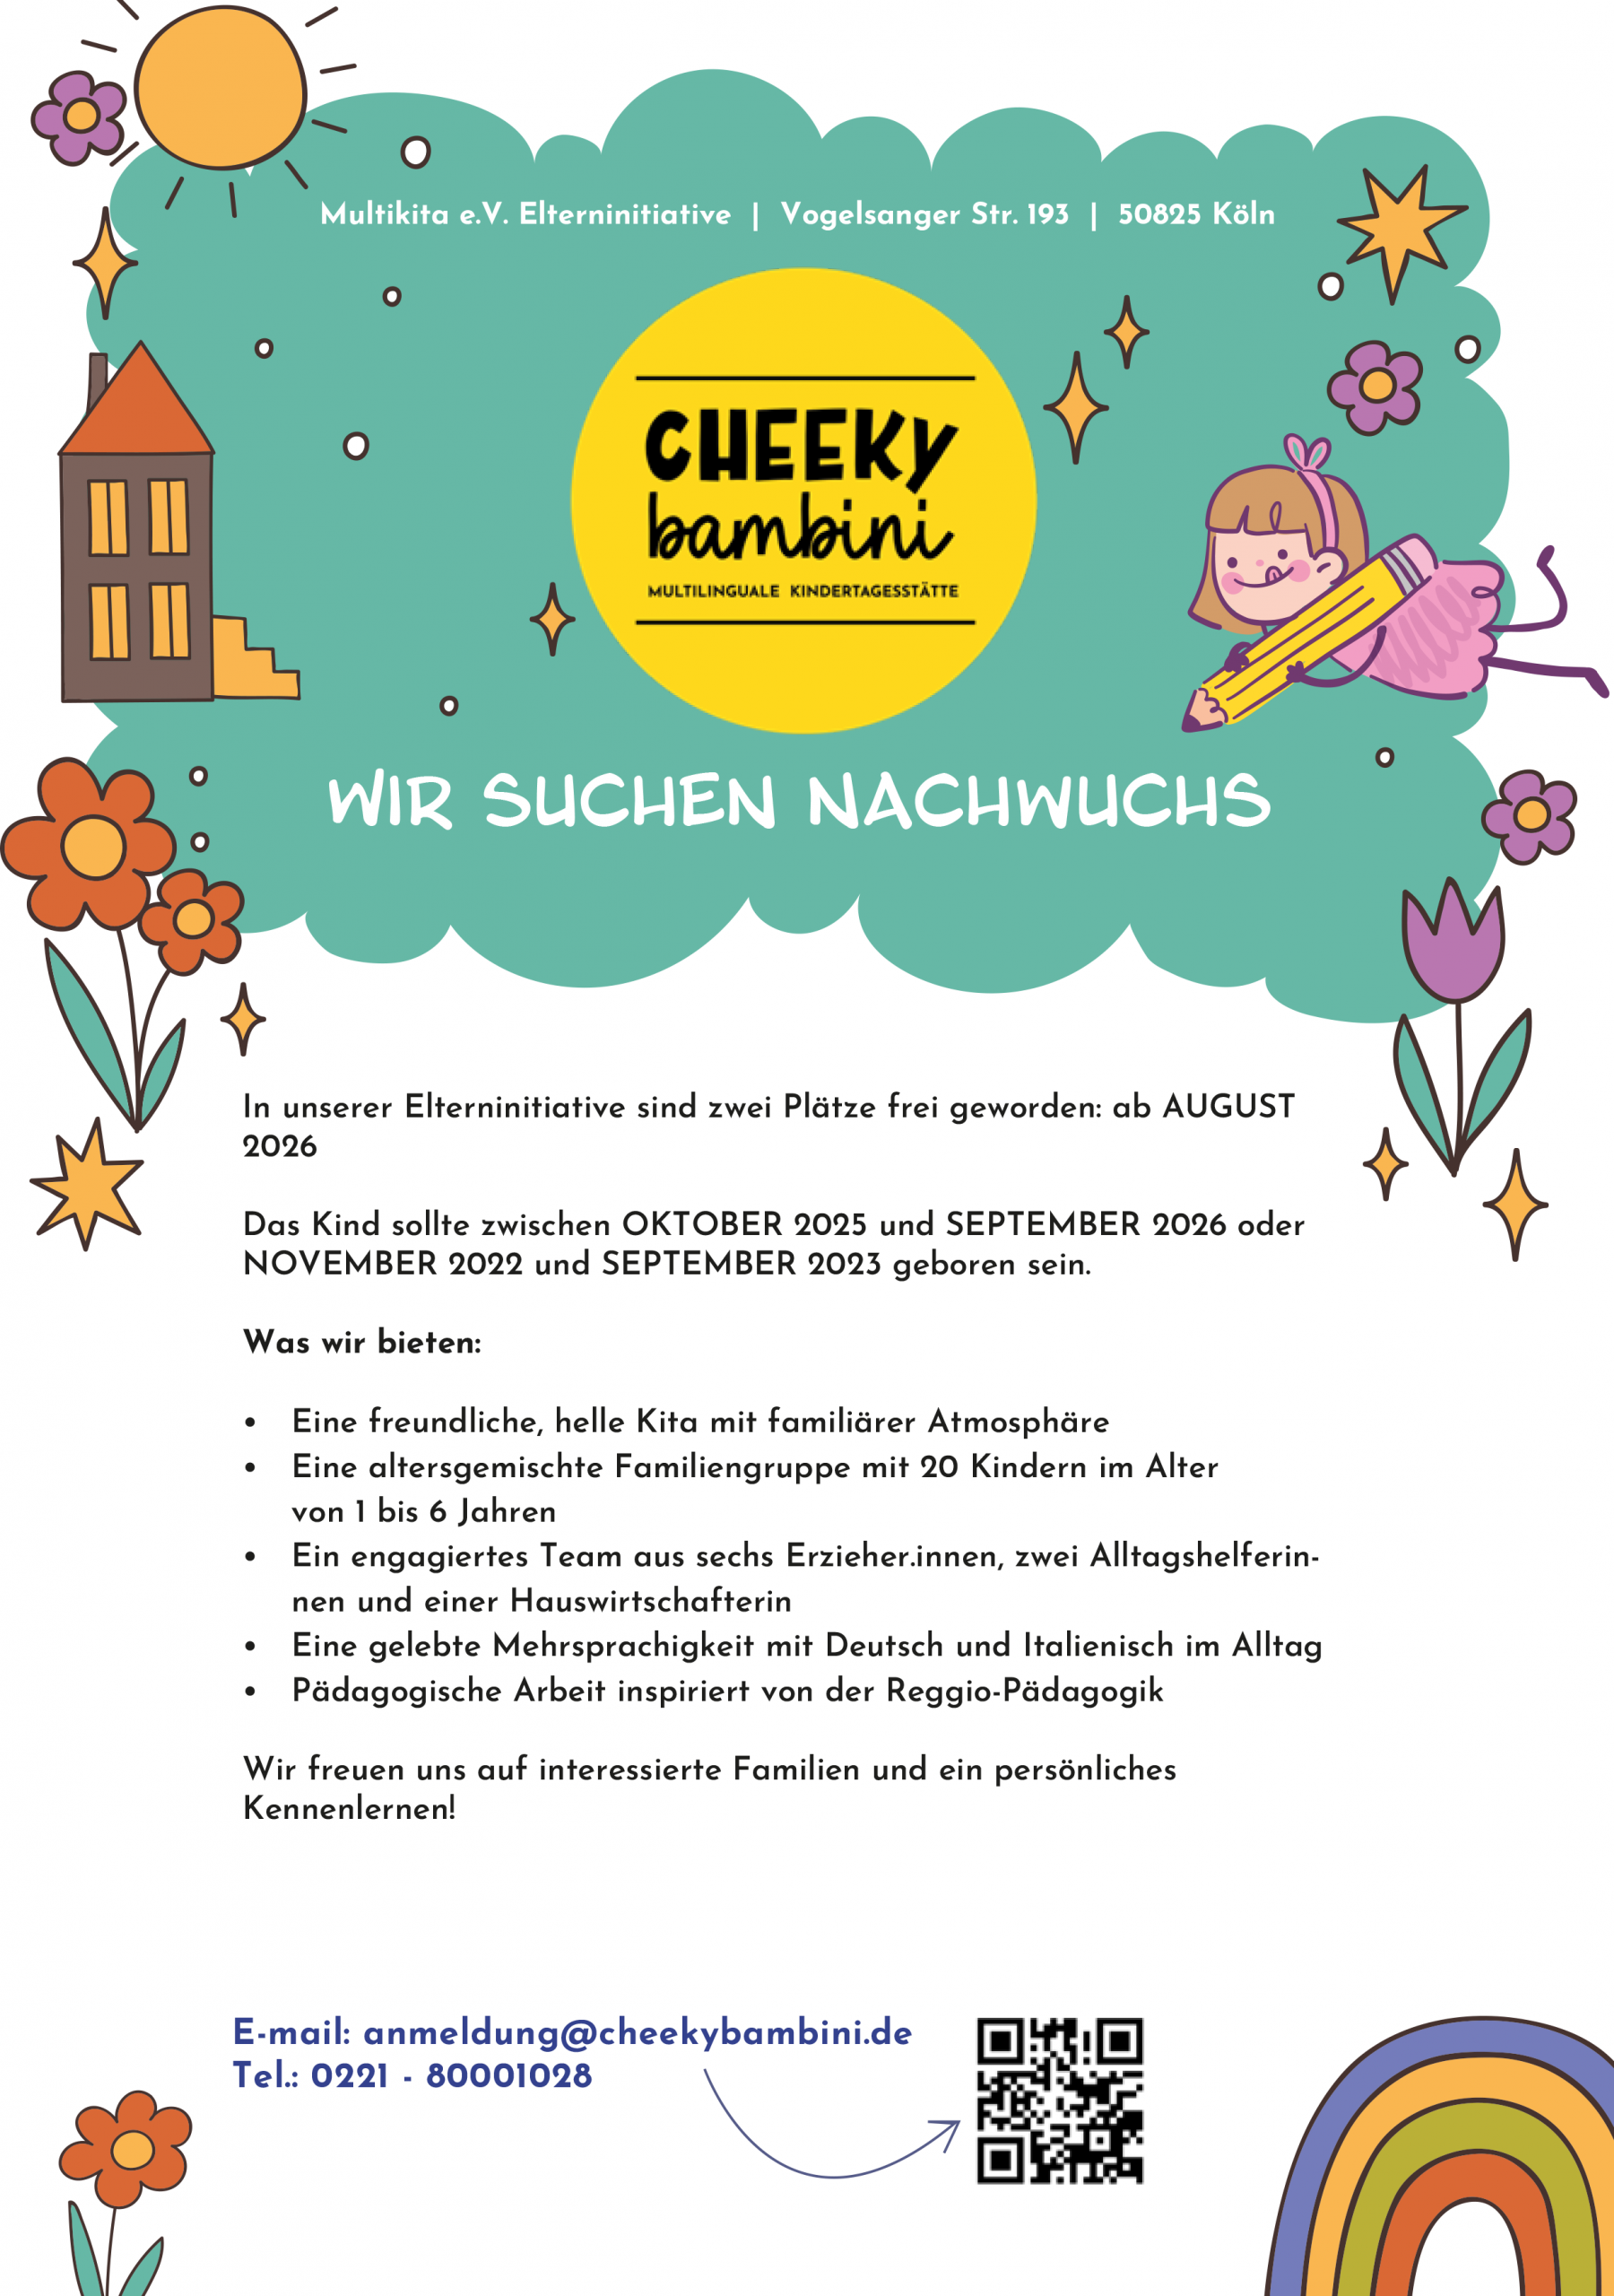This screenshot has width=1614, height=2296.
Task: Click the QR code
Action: (x=1059, y=2100)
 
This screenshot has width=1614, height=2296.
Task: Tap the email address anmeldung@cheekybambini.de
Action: (x=637, y=2033)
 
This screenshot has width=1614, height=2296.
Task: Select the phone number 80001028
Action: (x=509, y=2076)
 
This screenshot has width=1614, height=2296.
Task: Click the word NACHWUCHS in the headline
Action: (x=1038, y=802)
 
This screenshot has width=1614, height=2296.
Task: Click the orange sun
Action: (x=220, y=88)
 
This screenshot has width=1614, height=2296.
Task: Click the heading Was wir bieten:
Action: (x=362, y=1342)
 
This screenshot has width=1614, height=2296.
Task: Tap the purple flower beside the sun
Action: (x=80, y=116)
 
